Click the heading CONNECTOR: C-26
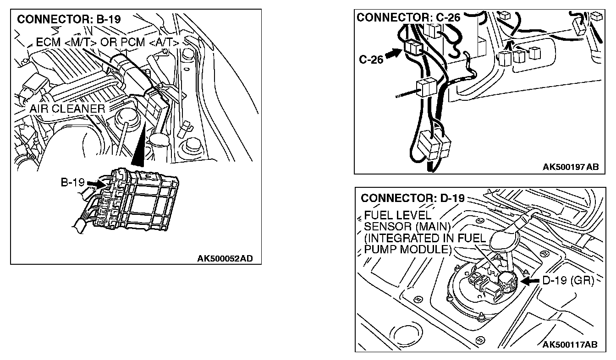(x=408, y=17)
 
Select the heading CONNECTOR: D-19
(x=412, y=198)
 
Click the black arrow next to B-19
(x=95, y=183)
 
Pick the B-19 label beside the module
(x=73, y=182)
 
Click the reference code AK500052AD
(x=225, y=259)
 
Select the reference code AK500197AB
(x=570, y=167)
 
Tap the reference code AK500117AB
(x=570, y=344)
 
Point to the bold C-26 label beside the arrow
(x=371, y=60)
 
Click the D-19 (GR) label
(x=568, y=280)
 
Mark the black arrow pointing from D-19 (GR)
(x=531, y=281)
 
